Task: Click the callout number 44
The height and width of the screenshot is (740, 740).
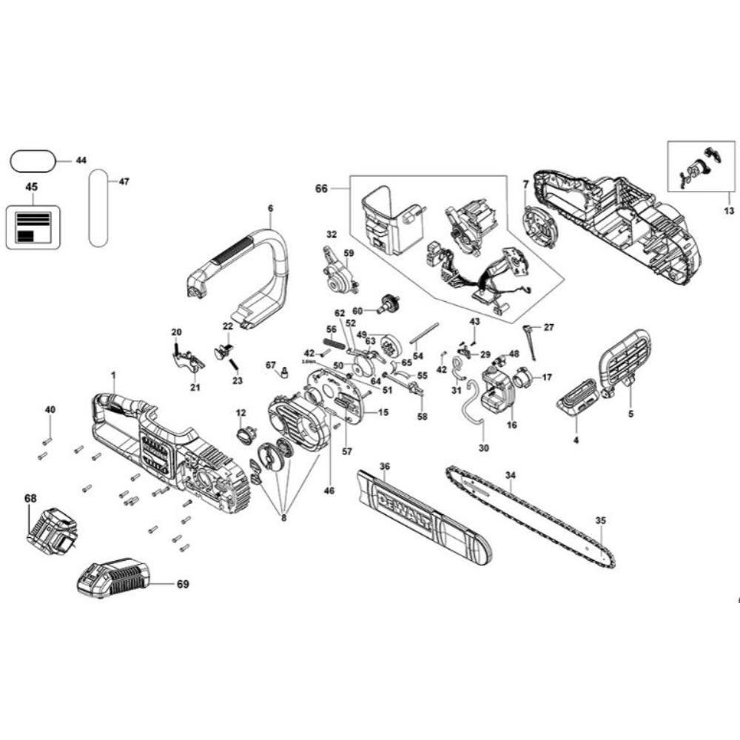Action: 81,161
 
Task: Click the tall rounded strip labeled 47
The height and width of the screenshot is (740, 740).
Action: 98,208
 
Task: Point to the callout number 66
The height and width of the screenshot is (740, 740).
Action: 321,189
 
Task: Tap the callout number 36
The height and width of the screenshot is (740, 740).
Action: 383,466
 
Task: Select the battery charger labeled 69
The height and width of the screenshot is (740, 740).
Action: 112,578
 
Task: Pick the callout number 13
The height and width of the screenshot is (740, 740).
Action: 729,211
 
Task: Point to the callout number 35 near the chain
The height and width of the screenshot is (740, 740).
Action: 600,520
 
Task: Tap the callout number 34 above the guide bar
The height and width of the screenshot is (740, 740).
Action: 510,475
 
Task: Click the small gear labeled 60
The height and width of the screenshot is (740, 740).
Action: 388,303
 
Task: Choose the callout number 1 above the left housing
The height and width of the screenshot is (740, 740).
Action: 113,376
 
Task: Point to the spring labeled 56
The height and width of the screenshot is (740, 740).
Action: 335,343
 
